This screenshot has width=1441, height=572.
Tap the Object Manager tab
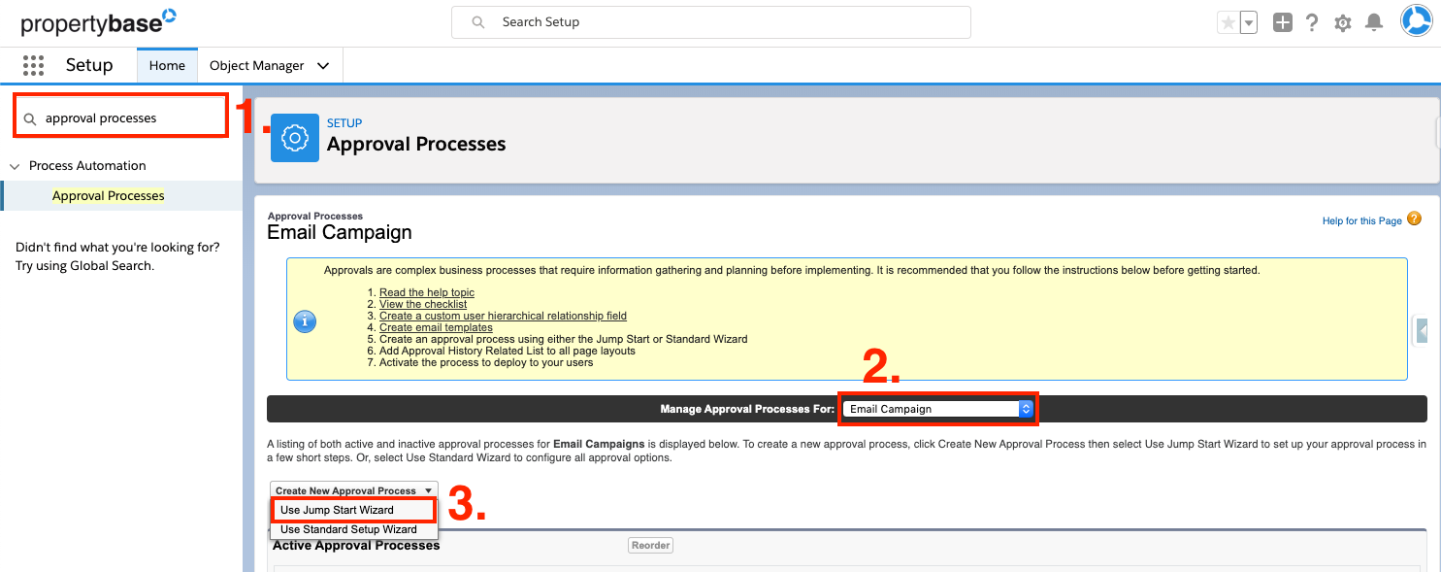click(x=257, y=66)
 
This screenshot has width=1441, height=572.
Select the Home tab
click(x=167, y=66)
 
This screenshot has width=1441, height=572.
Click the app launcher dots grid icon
click(x=33, y=66)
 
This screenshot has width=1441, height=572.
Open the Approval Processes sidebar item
click(x=109, y=196)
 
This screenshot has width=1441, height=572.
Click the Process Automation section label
click(x=87, y=166)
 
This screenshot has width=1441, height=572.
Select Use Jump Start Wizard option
click(x=337, y=510)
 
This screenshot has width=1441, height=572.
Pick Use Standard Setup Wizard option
click(x=348, y=529)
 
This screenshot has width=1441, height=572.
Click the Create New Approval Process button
click(x=353, y=490)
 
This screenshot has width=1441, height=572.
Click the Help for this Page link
click(x=1361, y=221)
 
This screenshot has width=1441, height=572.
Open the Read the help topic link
click(x=427, y=292)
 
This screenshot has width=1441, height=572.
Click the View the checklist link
click(x=423, y=304)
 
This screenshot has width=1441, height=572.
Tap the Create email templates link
click(x=436, y=327)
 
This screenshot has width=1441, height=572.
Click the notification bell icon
click(x=1374, y=22)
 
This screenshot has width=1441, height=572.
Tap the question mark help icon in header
click(x=1312, y=22)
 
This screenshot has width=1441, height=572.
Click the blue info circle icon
click(x=305, y=321)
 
